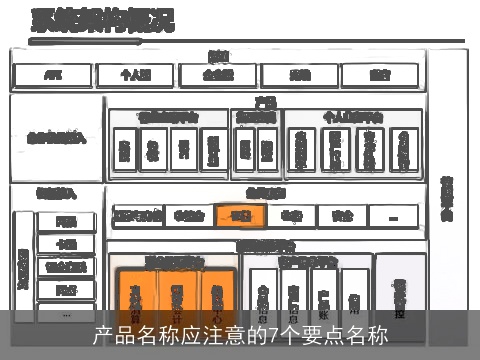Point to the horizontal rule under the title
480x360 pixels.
click(240, 41)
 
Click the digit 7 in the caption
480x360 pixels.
click(276, 335)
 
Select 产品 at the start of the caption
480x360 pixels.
click(111, 335)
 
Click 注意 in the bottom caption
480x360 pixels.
click(209, 335)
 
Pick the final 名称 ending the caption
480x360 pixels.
click(368, 335)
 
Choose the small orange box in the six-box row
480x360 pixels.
click(240, 215)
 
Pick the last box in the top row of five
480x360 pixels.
click(380, 75)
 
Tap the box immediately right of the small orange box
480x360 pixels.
click(291, 215)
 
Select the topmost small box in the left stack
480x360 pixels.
click(66, 221)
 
